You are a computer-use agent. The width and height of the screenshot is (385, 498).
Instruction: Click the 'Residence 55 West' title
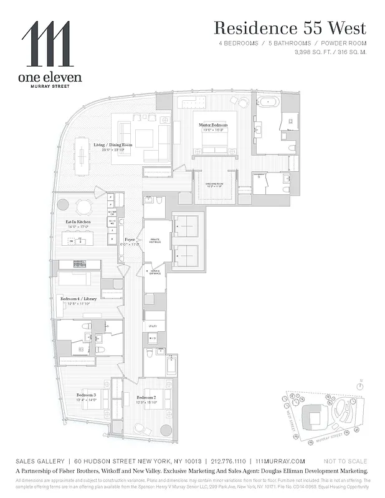pyautogui.click(x=290, y=28)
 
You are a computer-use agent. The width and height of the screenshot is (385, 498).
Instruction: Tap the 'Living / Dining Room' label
pyautogui.click(x=109, y=148)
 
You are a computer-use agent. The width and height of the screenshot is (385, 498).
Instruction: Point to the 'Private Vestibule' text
pyautogui.click(x=156, y=242)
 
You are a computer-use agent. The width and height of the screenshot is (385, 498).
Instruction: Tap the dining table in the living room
pyautogui.click(x=82, y=149)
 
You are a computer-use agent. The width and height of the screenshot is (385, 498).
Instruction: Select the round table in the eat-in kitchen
pyautogui.click(x=84, y=207)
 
